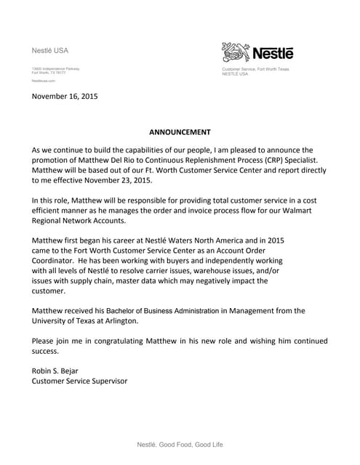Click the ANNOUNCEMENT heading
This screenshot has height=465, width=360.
180,132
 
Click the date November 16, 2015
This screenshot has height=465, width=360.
64,95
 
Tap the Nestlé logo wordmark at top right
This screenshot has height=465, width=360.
272,52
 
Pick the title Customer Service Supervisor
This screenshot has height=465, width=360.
79,380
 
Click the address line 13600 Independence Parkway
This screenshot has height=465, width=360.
55,68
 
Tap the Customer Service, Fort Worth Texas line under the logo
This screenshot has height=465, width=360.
255,69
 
